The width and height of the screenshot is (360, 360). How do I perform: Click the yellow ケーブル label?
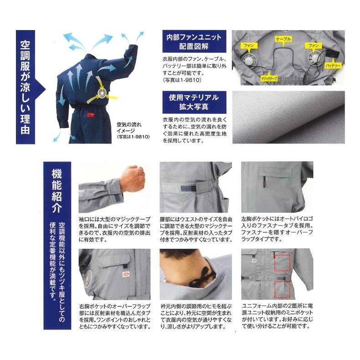283,40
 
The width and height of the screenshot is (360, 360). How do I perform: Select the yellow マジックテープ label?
269,79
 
